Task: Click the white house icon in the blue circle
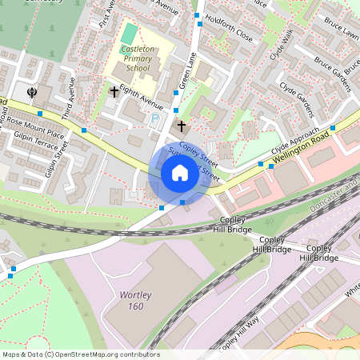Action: tap(180, 173)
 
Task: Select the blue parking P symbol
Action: tap(154, 118)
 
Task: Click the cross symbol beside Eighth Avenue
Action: tap(114, 92)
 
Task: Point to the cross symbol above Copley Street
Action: tap(182, 126)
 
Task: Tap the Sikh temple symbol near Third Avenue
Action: tap(33, 91)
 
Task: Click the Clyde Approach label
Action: tap(295, 141)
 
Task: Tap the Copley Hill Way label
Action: tap(240, 334)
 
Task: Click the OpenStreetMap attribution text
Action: tap(81, 354)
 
